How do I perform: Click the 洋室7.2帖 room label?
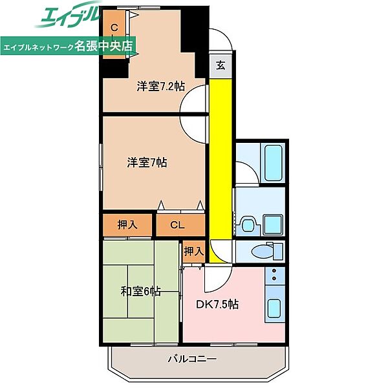click(160, 87)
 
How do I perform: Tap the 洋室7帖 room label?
click(147, 162)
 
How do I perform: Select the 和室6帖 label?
click(140, 291)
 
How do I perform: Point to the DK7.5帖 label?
click(217, 305)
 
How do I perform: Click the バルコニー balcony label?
click(192, 358)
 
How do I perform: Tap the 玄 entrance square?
click(221, 65)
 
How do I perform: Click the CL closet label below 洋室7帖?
click(177, 225)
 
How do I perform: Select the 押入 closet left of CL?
click(127, 225)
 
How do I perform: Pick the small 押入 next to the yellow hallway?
click(194, 252)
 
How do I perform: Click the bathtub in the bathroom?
click(274, 163)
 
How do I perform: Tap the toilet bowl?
click(264, 252)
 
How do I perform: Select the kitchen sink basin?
click(274, 308)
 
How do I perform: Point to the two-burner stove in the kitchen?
click(274, 275)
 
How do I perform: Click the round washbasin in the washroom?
click(248, 225)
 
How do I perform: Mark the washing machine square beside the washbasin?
click(273, 224)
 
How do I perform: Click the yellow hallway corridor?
click(221, 171)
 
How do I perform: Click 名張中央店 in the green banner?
click(103, 45)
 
